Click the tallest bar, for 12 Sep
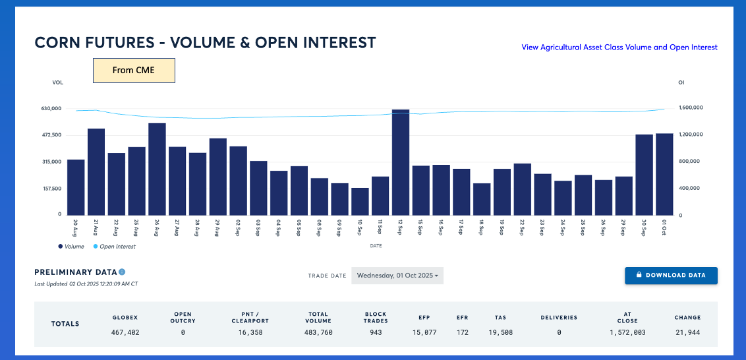(x=401, y=162)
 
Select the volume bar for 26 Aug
(x=157, y=169)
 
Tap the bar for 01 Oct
(x=664, y=174)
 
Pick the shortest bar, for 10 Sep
(x=360, y=201)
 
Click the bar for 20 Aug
(x=76, y=187)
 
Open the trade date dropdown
(x=397, y=276)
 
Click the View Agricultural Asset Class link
(x=619, y=47)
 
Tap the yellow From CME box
(x=134, y=71)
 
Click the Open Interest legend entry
(x=116, y=247)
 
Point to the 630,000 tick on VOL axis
(x=51, y=108)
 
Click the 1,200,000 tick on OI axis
(x=692, y=135)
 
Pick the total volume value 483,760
(x=318, y=332)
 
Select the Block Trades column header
(x=376, y=318)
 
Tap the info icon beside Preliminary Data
(x=122, y=272)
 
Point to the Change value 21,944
(x=687, y=332)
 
